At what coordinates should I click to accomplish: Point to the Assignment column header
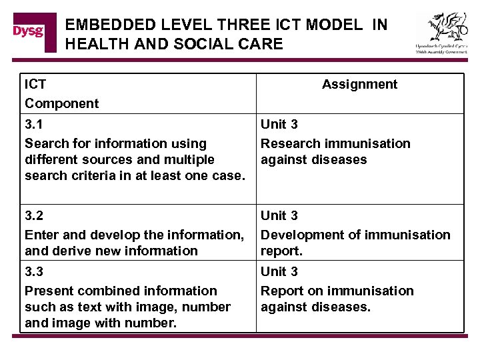tap(359, 84)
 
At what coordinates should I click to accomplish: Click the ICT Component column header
tap(61, 93)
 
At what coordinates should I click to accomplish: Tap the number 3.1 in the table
tap(33, 125)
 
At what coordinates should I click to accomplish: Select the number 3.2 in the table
tap(33, 216)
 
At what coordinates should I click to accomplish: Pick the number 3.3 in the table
tap(33, 272)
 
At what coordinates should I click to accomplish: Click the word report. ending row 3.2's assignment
tap(282, 251)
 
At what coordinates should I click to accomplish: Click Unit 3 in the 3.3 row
tap(279, 272)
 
